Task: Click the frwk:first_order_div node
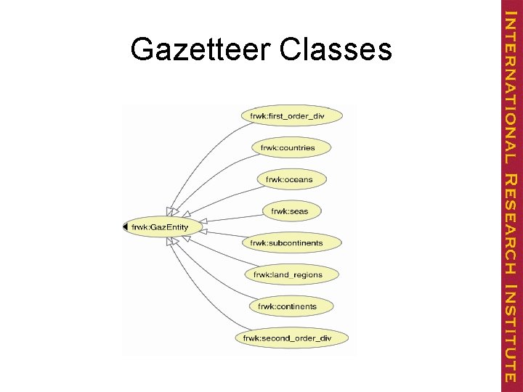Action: point(288,115)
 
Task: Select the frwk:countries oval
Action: point(288,147)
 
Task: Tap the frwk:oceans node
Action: point(289,179)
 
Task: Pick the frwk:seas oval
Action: point(289,211)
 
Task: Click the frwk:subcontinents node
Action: point(286,242)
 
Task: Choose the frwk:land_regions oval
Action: point(287,274)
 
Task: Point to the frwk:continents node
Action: point(287,306)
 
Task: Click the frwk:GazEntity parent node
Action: point(160,227)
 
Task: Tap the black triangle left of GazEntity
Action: point(125,227)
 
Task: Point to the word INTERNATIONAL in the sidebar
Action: point(511,82)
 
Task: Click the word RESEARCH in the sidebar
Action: point(511,224)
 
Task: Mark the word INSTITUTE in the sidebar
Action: point(511,332)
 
